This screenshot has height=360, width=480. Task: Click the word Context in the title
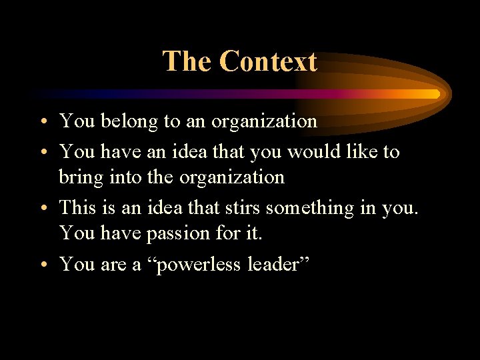(x=268, y=61)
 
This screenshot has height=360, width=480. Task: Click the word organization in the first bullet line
(x=264, y=122)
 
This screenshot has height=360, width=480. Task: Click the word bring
(x=77, y=178)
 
